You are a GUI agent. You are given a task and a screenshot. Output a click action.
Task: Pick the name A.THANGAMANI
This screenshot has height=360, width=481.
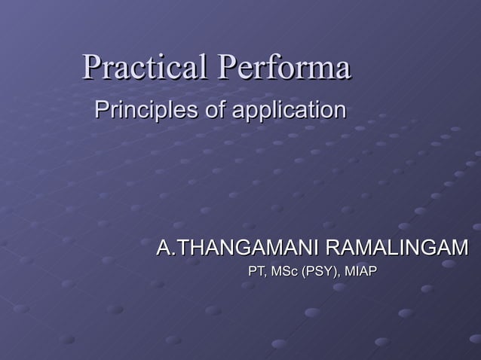tap(235, 248)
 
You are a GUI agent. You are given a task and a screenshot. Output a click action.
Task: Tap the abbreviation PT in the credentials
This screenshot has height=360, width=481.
tap(258, 270)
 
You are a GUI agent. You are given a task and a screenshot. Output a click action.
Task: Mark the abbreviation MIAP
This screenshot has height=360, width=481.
tap(360, 270)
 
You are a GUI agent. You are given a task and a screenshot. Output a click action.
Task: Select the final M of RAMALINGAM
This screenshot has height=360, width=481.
tap(458, 248)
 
